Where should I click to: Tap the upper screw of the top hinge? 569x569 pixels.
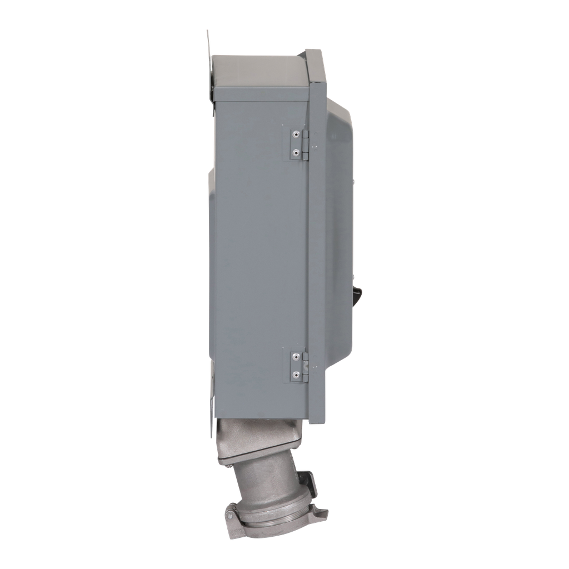coord(297,135)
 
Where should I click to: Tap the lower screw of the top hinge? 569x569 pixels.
coord(297,151)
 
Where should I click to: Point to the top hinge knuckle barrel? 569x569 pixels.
coord(305,143)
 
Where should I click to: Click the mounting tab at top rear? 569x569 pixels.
coord(209,67)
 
